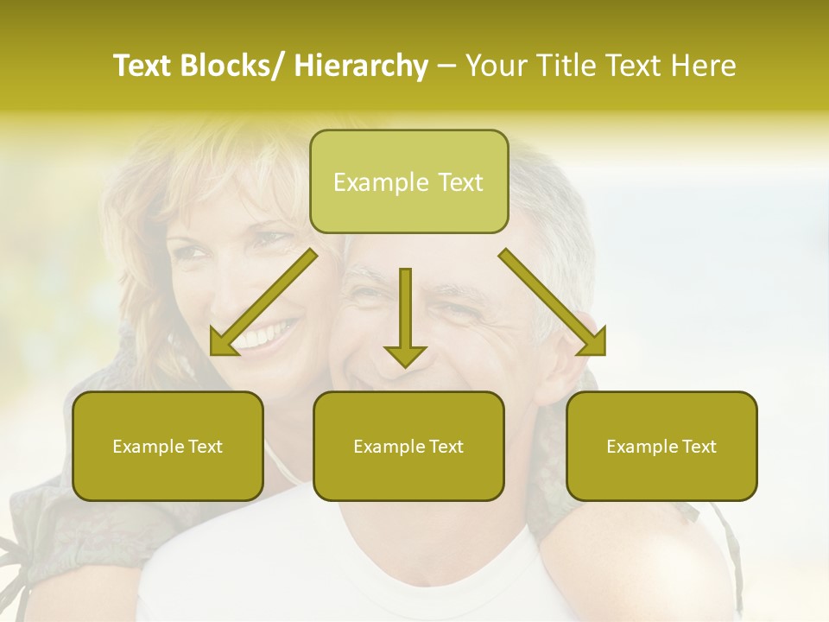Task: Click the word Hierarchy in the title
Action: tap(361, 66)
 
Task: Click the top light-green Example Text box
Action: tap(408, 181)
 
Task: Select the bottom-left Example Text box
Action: tap(168, 446)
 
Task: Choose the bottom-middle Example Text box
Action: tap(408, 446)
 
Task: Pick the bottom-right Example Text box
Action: tap(661, 446)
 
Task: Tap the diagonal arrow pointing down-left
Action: tap(263, 302)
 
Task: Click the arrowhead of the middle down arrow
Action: tap(405, 354)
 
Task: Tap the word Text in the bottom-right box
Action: tap(698, 447)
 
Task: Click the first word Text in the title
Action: tap(141, 66)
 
